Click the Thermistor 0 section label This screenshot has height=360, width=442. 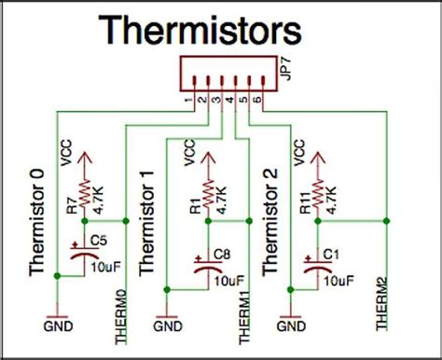[x=37, y=221]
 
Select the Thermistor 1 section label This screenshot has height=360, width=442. [x=146, y=222]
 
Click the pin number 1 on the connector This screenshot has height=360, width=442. [x=189, y=100]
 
